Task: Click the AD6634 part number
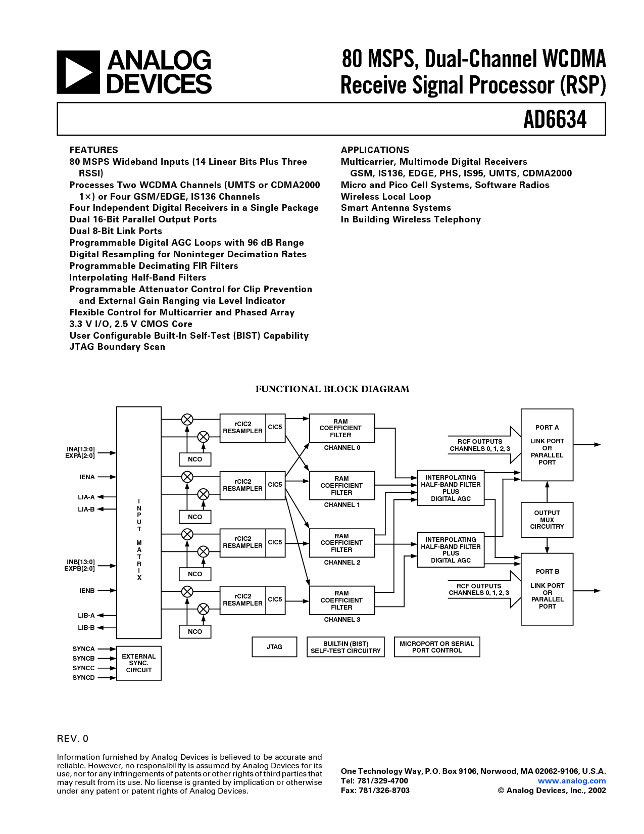[555, 120]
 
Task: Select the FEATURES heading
[93, 150]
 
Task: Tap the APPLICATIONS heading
[375, 150]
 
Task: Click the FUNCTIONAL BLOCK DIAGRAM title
[332, 389]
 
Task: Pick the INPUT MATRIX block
[139, 522]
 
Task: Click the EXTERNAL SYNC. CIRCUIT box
[139, 663]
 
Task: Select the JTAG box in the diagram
[274, 647]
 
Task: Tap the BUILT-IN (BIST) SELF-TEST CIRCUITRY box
[345, 647]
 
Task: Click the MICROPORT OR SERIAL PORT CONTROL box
[436, 647]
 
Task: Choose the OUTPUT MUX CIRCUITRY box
[547, 520]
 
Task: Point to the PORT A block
[547, 445]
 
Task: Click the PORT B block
[547, 589]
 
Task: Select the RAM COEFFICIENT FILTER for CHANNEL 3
[341, 600]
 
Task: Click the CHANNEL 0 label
[342, 448]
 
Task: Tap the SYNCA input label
[83, 649]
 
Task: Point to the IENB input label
[87, 590]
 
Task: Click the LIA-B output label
[86, 509]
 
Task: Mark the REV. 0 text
[72, 738]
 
